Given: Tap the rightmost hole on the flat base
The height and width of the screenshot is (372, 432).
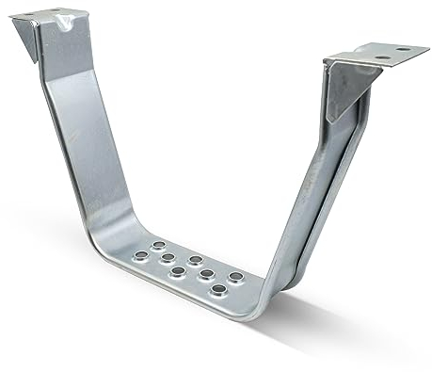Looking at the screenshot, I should click(235, 278).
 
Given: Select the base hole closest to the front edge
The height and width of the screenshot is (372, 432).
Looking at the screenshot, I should click(218, 289).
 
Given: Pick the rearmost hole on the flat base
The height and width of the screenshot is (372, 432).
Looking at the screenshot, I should click(158, 246).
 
